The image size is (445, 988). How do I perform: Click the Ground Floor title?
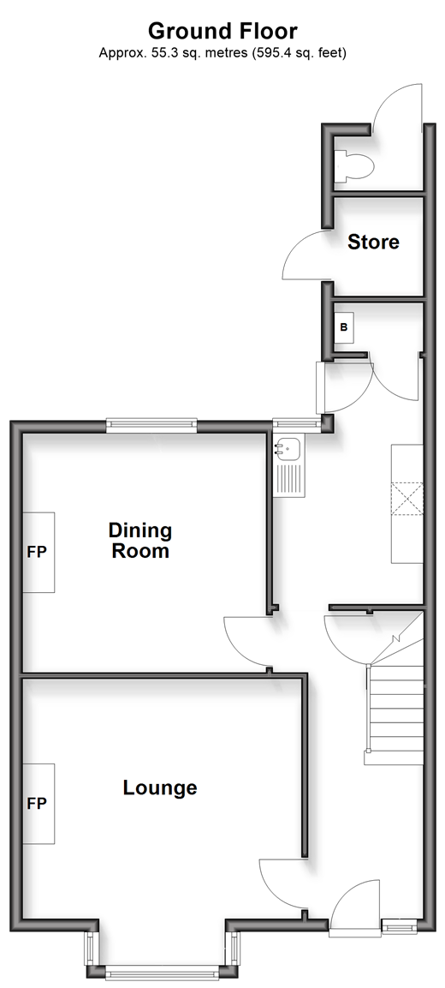point(222,30)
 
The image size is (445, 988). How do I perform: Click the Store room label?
point(373,242)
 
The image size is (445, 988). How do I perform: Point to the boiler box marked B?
point(344,327)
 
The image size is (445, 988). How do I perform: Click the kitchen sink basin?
point(288,449)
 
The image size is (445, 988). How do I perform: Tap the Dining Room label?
point(139,541)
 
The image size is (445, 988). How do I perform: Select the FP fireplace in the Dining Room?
point(39,552)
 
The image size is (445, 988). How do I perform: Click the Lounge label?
point(160,787)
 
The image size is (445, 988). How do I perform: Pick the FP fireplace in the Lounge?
point(39,804)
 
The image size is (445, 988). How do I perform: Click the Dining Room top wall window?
point(151,426)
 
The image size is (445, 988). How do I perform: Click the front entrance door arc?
point(347,894)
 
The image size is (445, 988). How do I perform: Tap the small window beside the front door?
point(400,925)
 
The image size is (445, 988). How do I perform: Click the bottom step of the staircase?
point(394,758)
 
